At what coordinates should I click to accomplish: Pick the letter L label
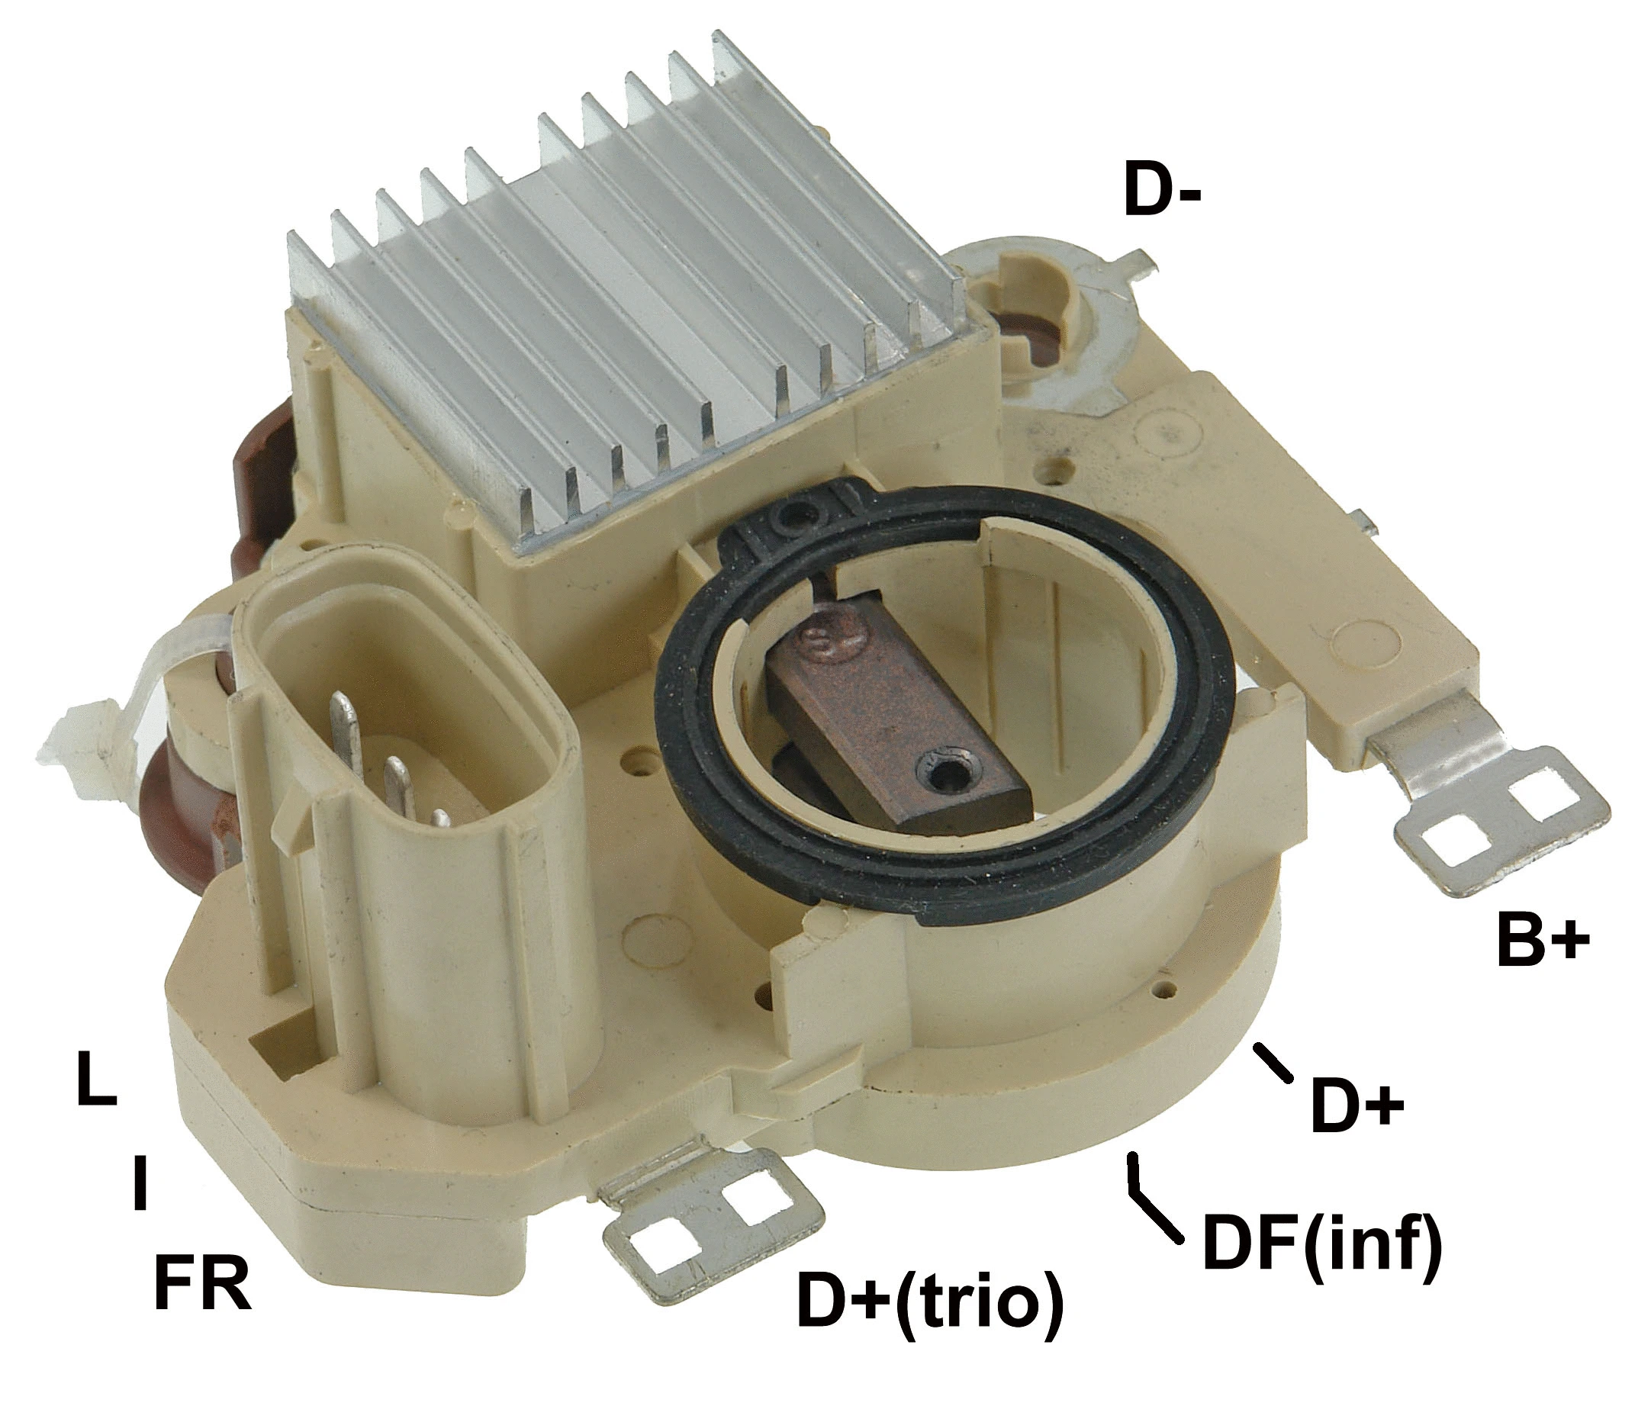(x=96, y=1080)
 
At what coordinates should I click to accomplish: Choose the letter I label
(x=140, y=1183)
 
